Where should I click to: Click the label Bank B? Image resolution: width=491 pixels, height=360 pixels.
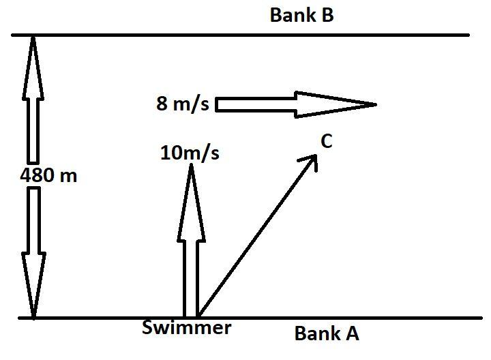[x=301, y=15]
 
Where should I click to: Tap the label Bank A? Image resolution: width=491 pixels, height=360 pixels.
[x=326, y=333]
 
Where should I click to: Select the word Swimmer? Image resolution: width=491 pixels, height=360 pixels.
[x=186, y=328]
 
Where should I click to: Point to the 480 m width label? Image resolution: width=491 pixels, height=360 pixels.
[x=48, y=175]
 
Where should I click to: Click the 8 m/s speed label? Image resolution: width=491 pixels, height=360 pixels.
[x=182, y=104]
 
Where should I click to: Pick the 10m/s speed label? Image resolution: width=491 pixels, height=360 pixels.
[x=190, y=153]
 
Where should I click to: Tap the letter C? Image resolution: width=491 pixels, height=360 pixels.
[x=326, y=141]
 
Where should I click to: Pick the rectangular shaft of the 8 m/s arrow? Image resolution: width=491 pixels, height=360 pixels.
[x=256, y=104]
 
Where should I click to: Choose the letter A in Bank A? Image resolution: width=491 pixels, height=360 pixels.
[x=351, y=333]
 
